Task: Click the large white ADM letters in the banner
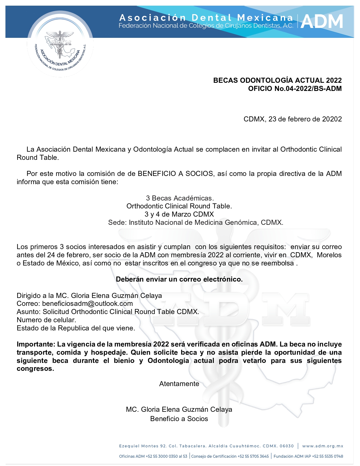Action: (322, 21)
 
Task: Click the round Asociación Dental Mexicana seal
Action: (60, 45)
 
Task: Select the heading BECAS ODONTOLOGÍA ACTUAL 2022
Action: (277, 80)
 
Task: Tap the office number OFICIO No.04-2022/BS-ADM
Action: (295, 89)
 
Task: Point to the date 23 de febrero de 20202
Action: (305, 119)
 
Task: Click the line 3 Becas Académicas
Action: (180, 198)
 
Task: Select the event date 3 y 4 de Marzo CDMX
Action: (179, 214)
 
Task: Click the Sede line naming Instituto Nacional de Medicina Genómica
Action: (195, 223)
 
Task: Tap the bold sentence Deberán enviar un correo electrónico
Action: (179, 279)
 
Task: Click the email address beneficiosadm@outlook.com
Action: (87, 304)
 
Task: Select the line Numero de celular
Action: (46, 320)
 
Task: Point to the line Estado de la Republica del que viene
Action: (76, 328)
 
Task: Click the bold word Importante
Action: (36, 344)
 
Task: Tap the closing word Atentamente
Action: (179, 384)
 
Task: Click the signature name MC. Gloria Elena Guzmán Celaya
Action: (179, 410)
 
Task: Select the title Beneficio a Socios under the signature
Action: (179, 419)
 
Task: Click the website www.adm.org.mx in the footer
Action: (323, 446)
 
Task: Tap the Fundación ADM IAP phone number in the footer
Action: (308, 456)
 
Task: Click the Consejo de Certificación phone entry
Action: (230, 456)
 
